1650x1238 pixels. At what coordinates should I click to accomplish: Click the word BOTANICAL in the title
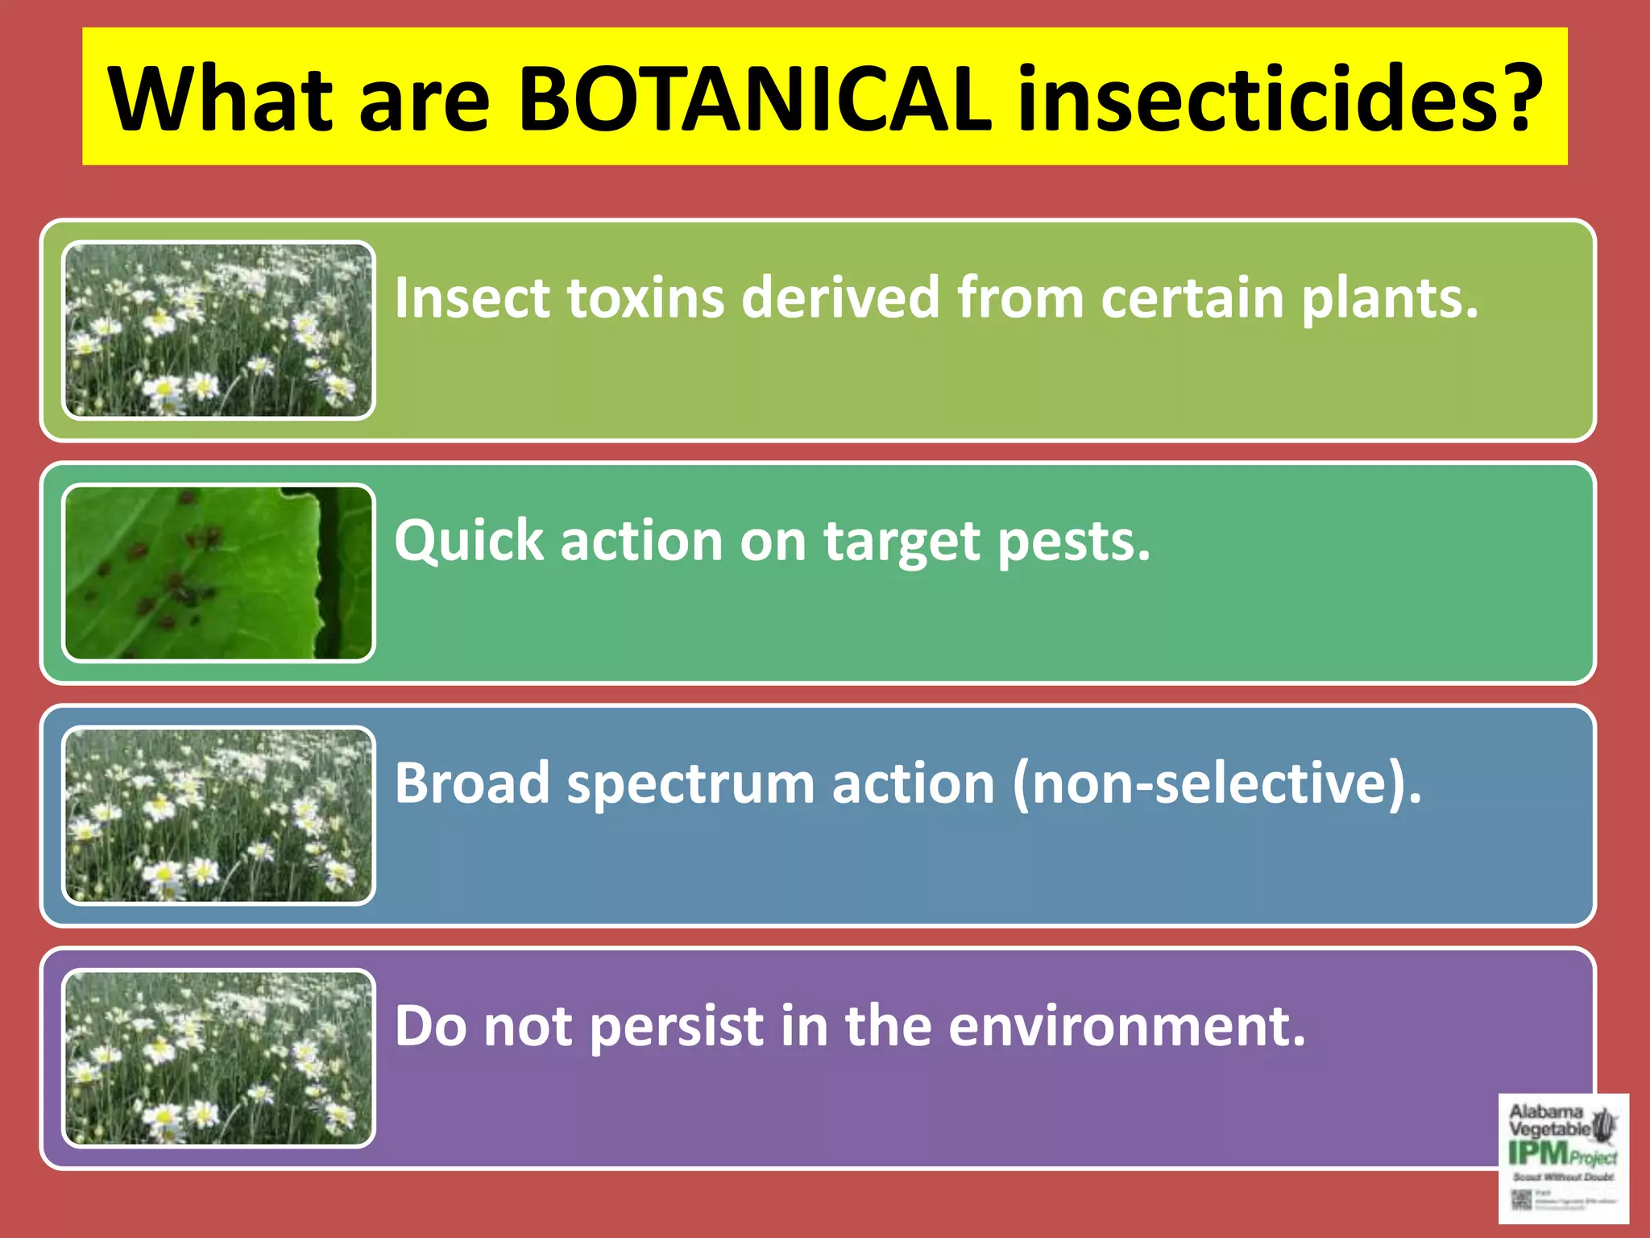753,99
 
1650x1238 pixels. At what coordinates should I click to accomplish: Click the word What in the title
220,99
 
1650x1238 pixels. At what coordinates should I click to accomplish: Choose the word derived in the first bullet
840,298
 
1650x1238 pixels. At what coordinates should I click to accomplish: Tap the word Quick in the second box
468,541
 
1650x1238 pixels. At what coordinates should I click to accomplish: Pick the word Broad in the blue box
471,783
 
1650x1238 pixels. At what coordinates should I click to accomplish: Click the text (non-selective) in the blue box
1217,783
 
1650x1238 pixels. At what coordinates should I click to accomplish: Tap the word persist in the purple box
677,1028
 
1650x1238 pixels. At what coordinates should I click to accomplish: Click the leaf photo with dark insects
218,573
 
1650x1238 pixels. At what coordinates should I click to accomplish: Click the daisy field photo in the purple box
218,1058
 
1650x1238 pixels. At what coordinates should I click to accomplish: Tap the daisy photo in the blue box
218,816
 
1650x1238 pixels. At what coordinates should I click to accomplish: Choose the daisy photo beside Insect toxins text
218,330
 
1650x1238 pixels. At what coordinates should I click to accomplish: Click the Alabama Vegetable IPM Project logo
1563,1157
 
